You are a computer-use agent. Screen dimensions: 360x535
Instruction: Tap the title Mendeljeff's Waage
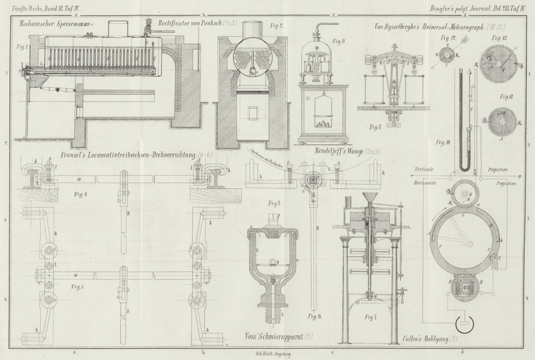coord(336,152)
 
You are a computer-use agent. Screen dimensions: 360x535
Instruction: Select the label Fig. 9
coord(321,40)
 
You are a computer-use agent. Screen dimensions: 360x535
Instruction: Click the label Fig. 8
coord(376,124)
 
